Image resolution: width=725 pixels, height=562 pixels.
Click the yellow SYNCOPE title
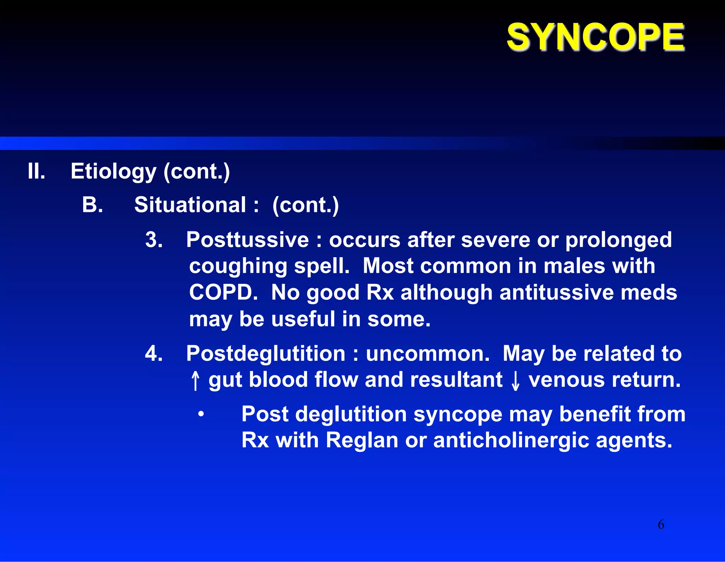click(x=595, y=37)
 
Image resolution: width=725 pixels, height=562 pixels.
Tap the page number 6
click(x=661, y=524)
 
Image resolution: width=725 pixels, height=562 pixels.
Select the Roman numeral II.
click(x=36, y=171)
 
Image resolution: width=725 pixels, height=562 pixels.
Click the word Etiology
click(x=113, y=172)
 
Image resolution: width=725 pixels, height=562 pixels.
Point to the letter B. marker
click(x=92, y=205)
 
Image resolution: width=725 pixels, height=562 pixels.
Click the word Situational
click(x=190, y=205)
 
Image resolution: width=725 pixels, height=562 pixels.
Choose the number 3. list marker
click(x=154, y=240)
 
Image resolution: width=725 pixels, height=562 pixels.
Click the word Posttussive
click(x=247, y=240)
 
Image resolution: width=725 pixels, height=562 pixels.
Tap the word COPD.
click(x=223, y=293)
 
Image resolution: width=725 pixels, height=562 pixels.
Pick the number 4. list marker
click(x=154, y=353)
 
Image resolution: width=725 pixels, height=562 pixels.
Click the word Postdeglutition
click(x=266, y=353)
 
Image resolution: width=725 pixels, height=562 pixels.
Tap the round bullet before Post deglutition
click(x=201, y=414)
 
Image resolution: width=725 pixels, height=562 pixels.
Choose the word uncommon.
click(x=427, y=354)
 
